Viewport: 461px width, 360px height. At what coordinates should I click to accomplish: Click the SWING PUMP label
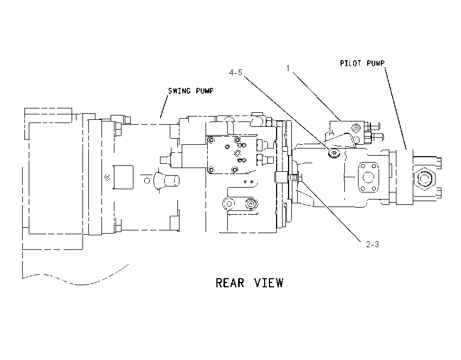click(x=190, y=91)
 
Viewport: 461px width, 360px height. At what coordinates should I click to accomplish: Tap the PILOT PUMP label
click(x=362, y=63)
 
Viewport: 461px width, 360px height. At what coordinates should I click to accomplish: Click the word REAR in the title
click(x=230, y=283)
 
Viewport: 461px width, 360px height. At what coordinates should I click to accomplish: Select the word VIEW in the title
click(x=268, y=283)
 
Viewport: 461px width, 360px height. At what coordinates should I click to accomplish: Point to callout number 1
click(x=288, y=68)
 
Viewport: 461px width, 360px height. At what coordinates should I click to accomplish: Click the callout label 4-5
click(x=236, y=73)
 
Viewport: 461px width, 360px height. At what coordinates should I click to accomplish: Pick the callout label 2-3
click(x=373, y=244)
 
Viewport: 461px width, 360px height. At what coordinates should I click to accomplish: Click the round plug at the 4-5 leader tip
click(x=334, y=153)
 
